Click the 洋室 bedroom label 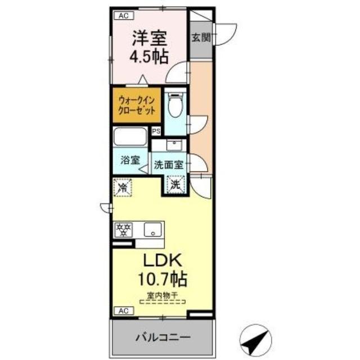coord(149,40)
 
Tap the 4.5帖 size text coord(149,57)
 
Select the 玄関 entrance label coord(200,38)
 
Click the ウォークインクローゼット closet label coord(137,105)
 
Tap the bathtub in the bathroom coord(130,138)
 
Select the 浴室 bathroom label coord(130,160)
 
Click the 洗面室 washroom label coord(169,166)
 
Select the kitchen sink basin coord(151,229)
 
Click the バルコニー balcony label coord(163,337)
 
